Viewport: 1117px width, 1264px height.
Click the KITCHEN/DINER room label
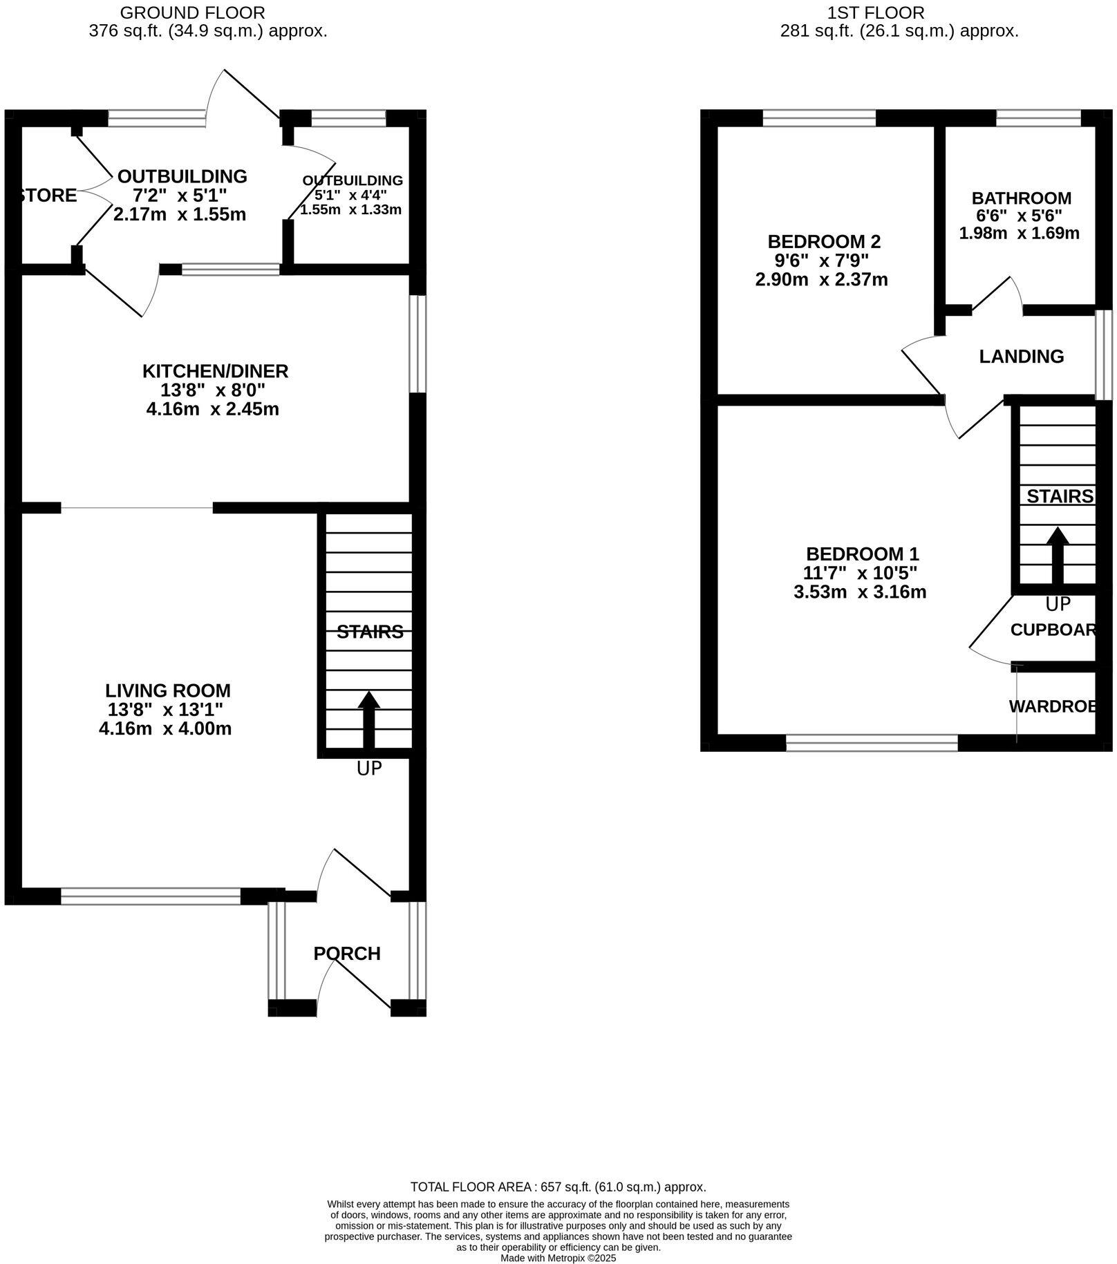coord(215,371)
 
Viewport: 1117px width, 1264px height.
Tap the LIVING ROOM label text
coord(168,690)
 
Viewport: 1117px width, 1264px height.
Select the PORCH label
coord(347,954)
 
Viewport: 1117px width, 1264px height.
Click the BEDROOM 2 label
coord(824,242)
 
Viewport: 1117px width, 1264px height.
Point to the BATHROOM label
coord(1021,199)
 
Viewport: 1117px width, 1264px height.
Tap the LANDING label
coord(1021,357)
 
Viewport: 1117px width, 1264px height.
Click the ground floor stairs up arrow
coord(368,719)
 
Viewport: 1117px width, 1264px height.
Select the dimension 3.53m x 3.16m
coord(860,592)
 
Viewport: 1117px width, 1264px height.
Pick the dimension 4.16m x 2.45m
coord(212,409)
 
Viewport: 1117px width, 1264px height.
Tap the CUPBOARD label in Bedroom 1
coord(1052,630)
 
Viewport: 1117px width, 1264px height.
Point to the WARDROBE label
coord(1052,706)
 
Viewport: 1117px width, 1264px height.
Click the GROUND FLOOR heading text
coord(192,12)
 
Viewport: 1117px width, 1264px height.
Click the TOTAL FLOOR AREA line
coord(558,1187)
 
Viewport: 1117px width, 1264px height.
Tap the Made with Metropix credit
coord(558,1258)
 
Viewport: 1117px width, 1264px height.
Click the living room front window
coord(151,897)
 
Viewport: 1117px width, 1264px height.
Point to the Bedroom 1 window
coord(872,743)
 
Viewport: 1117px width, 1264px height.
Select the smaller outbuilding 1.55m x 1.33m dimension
coord(350,209)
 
